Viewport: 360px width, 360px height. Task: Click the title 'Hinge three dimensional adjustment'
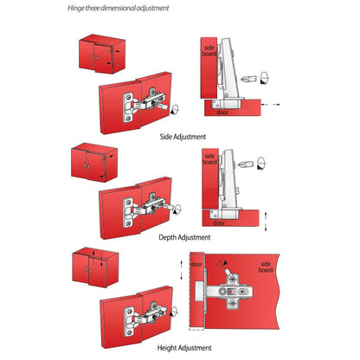pyautogui.click(x=119, y=9)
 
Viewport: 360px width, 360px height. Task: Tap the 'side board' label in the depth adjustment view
pyautogui.click(x=209, y=160)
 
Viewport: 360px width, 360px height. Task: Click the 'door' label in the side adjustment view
pyautogui.click(x=221, y=112)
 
